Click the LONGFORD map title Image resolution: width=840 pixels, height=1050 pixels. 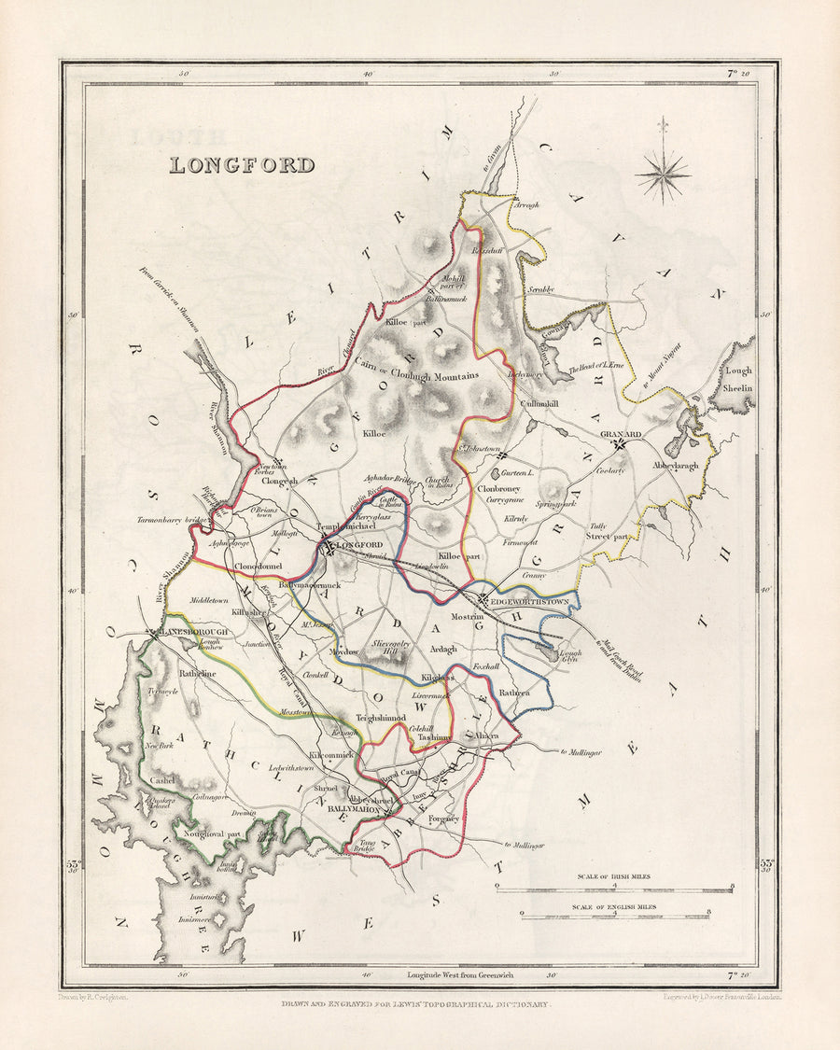[242, 165]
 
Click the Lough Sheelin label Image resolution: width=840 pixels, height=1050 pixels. [737, 378]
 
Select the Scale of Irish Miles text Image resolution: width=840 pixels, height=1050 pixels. [614, 876]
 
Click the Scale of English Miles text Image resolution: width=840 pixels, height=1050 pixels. [614, 906]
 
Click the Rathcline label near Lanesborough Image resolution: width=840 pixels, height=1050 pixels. [197, 672]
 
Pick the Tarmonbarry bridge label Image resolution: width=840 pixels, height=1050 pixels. [170, 518]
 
